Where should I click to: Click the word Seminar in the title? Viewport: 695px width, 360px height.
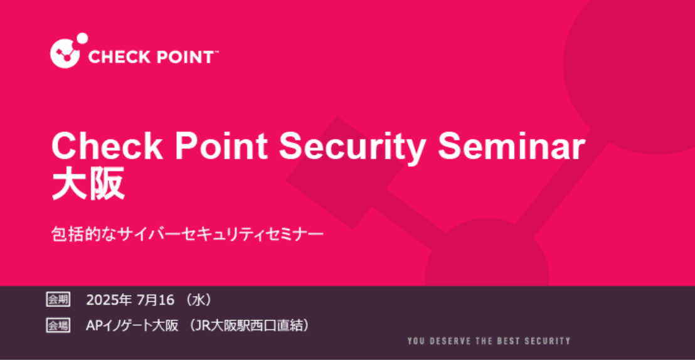click(512, 147)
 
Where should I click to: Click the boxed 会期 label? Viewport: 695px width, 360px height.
click(58, 300)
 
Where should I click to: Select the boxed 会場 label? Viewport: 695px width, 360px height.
click(58, 326)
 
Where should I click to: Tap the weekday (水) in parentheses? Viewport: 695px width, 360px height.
click(199, 300)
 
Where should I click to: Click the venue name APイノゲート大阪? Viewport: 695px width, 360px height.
click(132, 326)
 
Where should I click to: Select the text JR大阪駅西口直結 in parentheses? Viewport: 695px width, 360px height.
click(248, 326)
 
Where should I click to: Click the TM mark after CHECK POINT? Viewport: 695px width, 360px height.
click(216, 52)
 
